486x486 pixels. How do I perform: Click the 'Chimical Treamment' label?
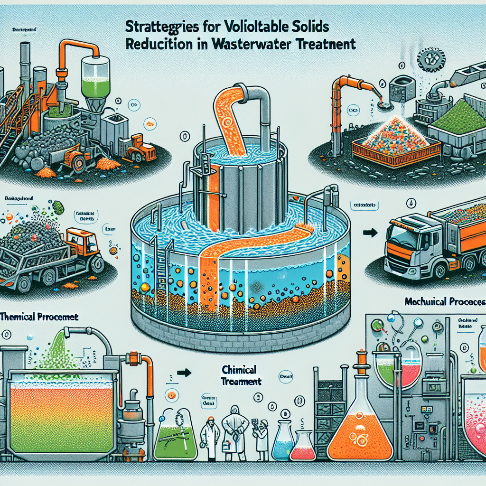(242, 375)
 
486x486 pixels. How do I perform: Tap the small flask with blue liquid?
(283, 446)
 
